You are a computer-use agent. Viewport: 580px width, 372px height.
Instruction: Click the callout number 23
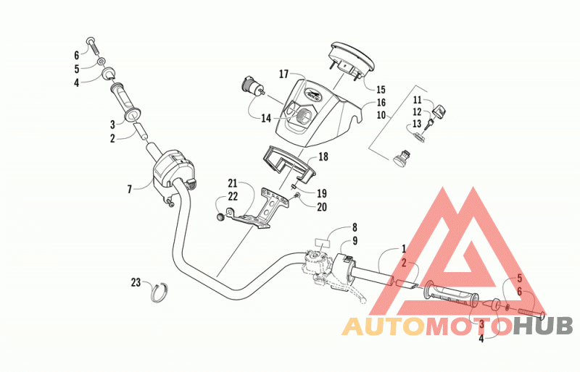coord(136,282)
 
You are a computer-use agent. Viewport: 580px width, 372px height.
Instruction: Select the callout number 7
coord(130,190)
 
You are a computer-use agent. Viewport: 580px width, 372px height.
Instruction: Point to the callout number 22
coord(233,196)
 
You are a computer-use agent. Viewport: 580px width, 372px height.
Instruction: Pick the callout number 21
coord(232,183)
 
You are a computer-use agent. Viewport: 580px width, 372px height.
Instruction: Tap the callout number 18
coord(323,156)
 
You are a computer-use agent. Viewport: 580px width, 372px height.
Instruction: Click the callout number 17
coord(283,75)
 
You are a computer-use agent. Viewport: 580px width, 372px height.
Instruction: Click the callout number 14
coord(266,119)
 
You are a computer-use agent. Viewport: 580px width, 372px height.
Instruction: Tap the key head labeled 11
coord(439,111)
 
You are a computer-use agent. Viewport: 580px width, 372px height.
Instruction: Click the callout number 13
coord(417,124)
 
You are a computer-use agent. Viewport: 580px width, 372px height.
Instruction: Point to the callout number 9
coord(355,241)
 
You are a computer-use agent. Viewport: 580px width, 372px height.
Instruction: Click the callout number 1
coord(404,249)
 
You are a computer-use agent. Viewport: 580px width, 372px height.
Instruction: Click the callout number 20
coord(322,207)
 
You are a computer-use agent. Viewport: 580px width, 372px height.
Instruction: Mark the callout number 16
coord(381,103)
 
